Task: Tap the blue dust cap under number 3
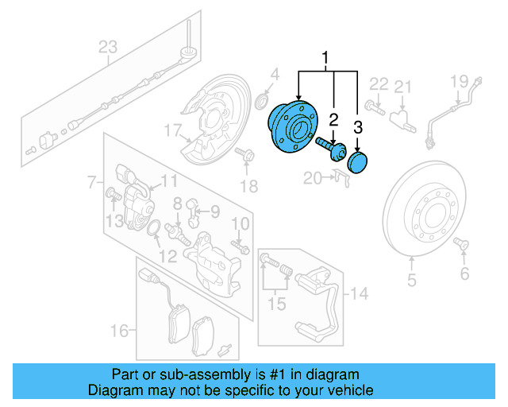coord(359,163)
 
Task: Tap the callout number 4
coord(273,76)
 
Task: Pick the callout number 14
coord(360,294)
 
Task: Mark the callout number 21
coord(403,87)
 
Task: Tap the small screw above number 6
coord(460,248)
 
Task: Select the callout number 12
coord(167,256)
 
